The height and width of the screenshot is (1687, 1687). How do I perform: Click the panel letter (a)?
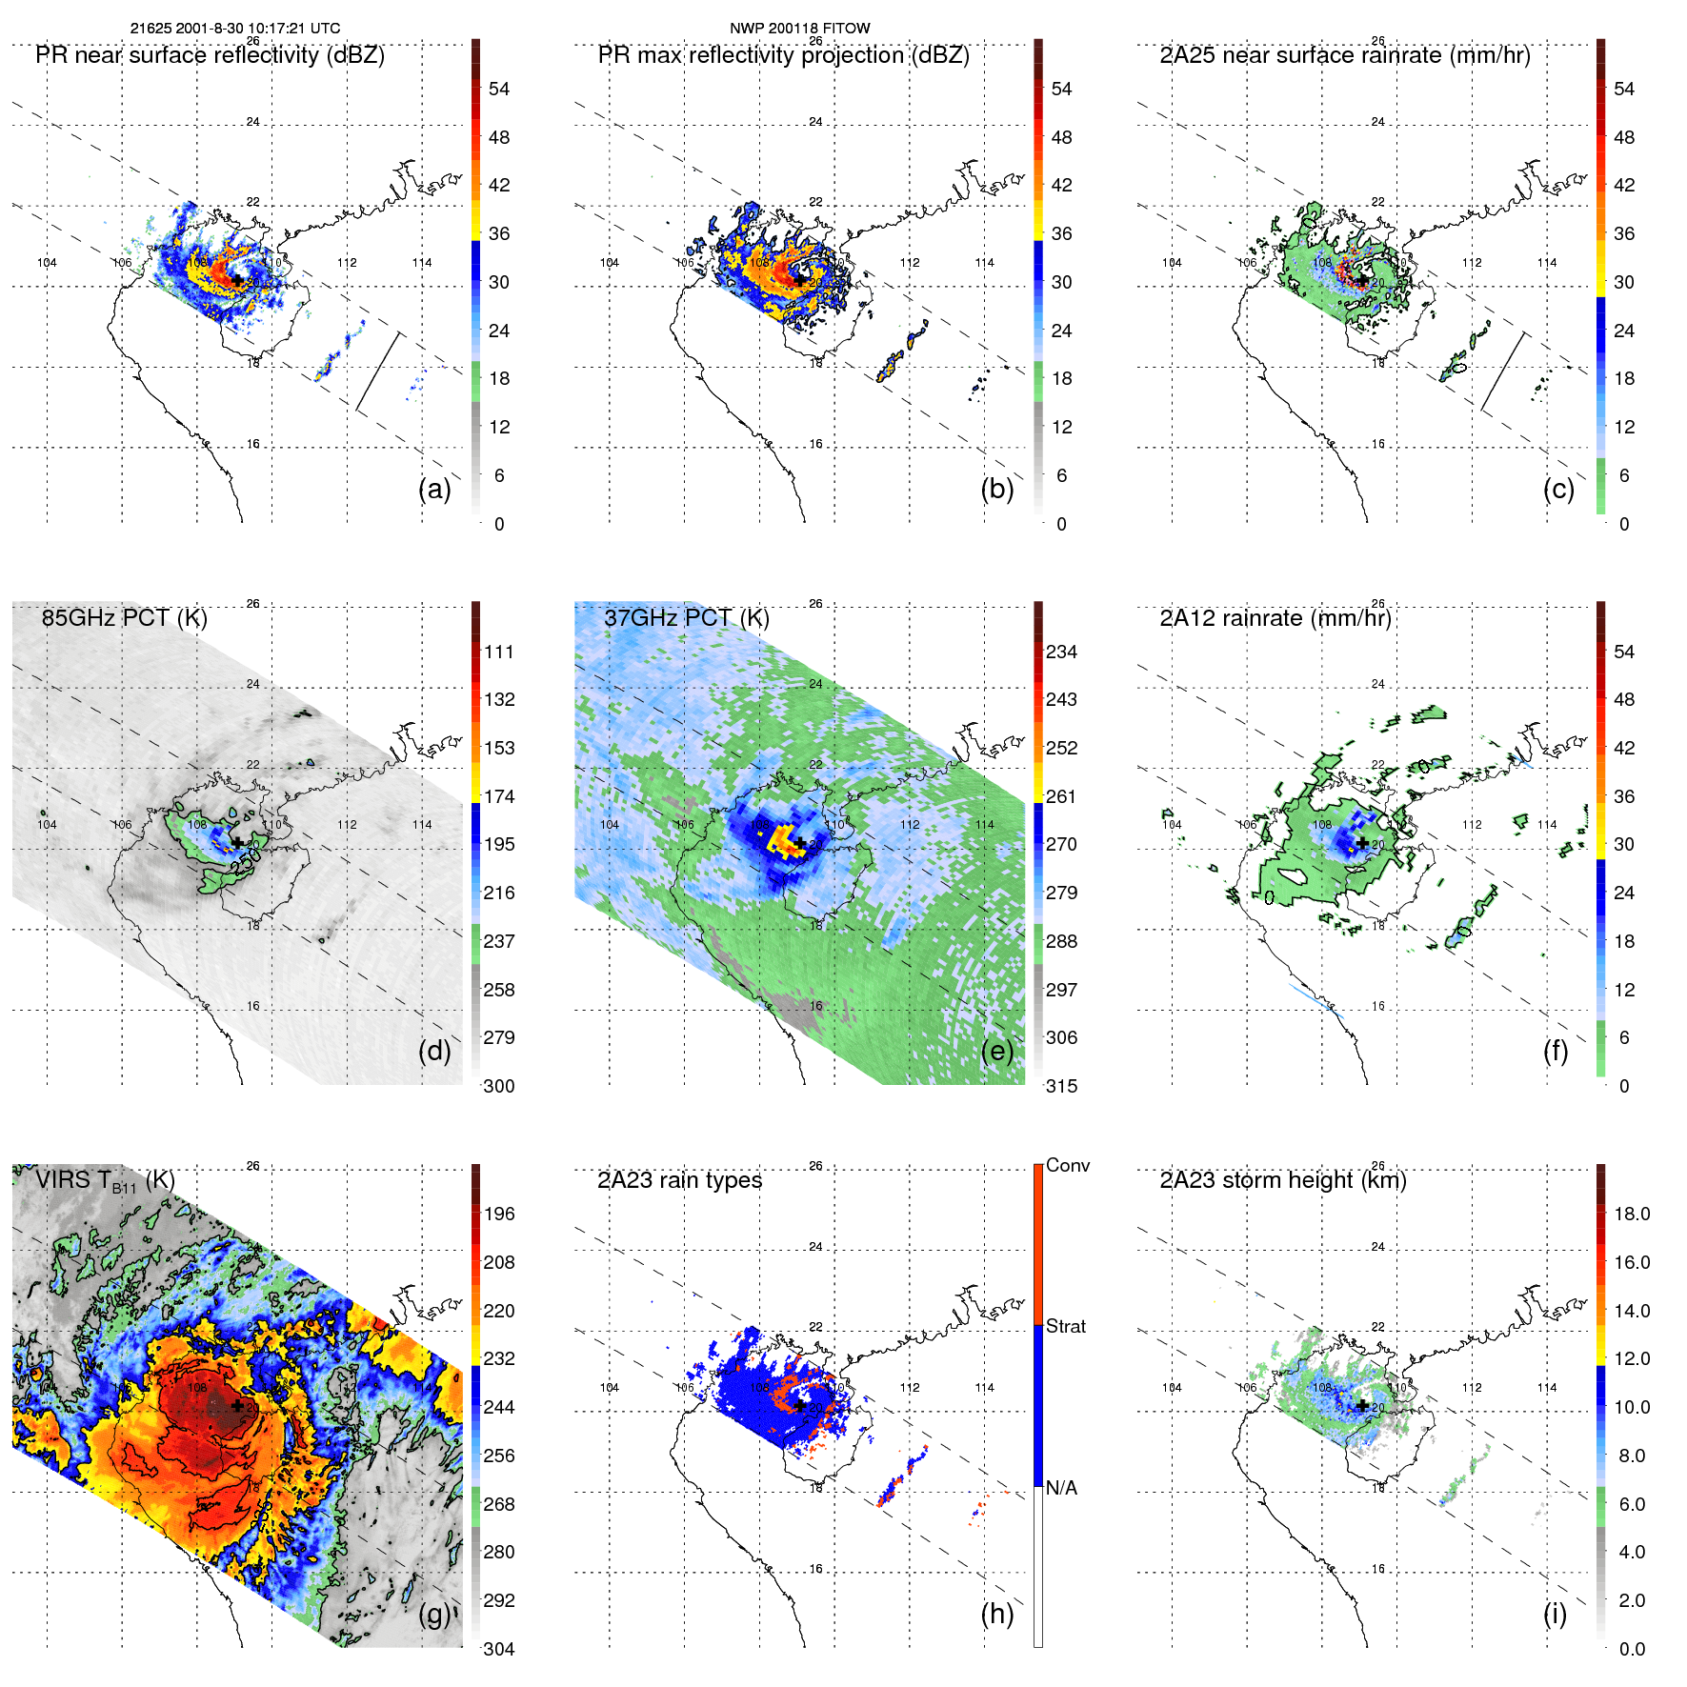433,490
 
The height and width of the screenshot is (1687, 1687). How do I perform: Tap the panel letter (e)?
996,1052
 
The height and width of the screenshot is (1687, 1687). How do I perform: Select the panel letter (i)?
1555,1614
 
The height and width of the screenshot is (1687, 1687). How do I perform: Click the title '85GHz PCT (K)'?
124,617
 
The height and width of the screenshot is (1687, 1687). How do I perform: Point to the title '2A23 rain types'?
679,1180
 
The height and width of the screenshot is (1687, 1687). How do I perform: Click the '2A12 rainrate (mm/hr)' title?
1275,617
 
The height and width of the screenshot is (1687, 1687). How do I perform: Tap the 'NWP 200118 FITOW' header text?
799,28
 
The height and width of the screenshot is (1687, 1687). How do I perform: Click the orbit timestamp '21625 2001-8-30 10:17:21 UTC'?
234,28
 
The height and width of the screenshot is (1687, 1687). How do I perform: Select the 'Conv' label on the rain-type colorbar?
1067,1165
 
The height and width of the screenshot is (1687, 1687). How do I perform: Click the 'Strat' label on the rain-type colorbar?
1065,1326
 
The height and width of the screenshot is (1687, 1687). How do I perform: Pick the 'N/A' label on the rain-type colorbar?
1061,1488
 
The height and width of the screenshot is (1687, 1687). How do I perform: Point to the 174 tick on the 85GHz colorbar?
499,796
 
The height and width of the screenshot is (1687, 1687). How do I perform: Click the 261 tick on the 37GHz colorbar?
1061,796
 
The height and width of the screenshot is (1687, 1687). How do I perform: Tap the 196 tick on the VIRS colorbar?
499,1214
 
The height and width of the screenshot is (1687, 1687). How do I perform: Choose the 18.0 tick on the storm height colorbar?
1631,1214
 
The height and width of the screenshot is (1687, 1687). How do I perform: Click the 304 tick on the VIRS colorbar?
499,1649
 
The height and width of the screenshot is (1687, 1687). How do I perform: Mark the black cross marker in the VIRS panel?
237,1405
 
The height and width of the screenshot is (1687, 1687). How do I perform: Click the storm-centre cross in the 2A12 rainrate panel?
1362,843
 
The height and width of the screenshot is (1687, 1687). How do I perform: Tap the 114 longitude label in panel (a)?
422,263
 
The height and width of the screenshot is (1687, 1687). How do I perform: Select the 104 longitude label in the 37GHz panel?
610,825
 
